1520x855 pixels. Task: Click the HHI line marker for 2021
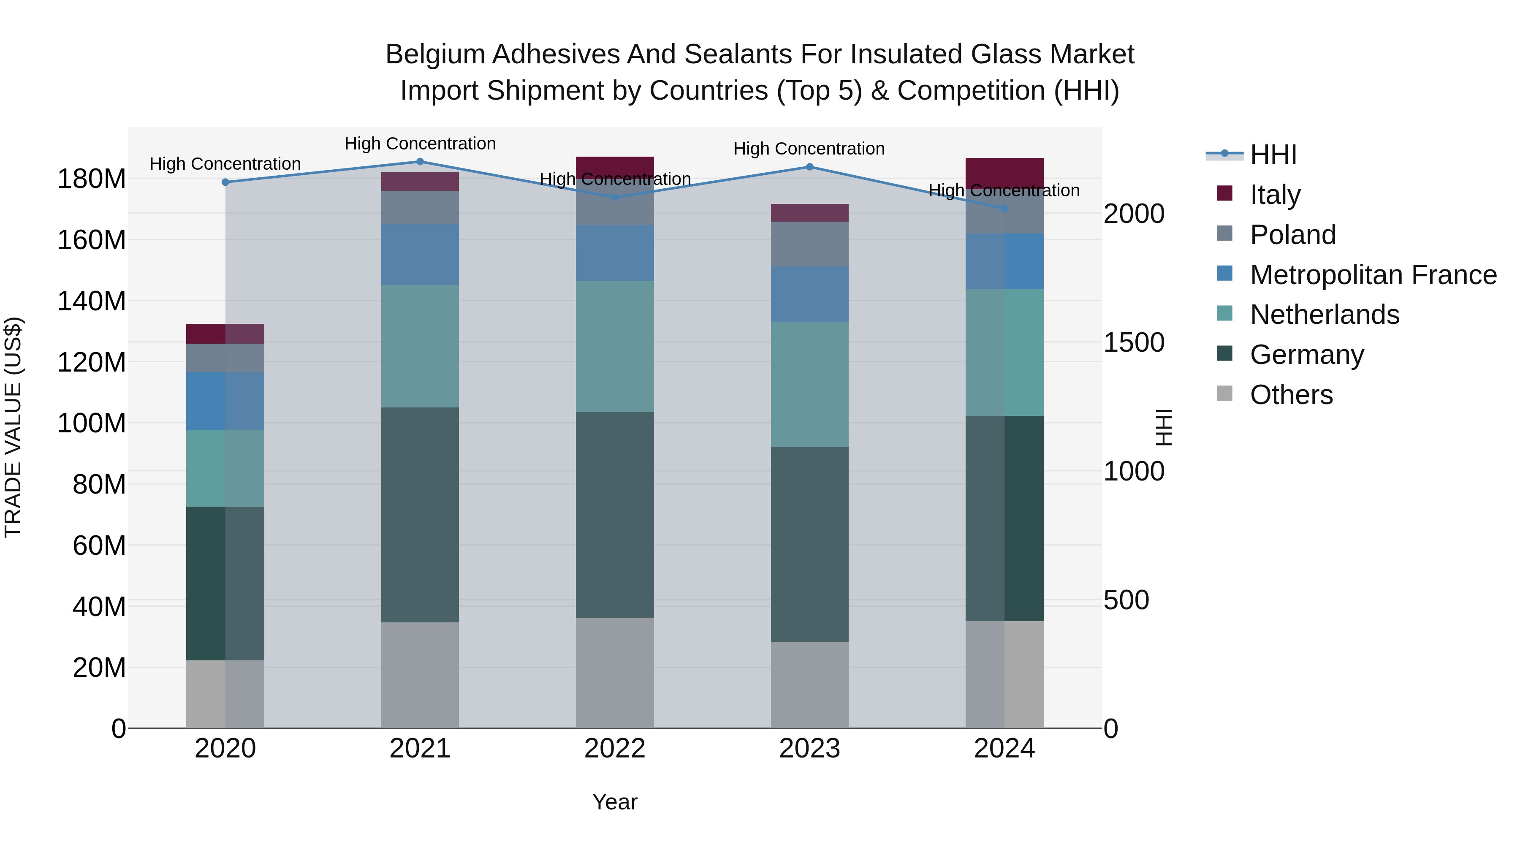[420, 162]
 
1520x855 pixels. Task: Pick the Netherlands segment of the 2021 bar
[420, 346]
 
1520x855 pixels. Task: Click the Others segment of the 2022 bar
[615, 673]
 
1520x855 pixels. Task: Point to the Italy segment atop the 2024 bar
[1005, 172]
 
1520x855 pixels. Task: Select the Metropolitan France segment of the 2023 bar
[809, 294]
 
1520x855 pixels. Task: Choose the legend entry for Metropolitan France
[1373, 275]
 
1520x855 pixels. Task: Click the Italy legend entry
[1275, 195]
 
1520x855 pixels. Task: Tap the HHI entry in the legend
[1273, 155]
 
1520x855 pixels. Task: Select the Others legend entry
[1290, 395]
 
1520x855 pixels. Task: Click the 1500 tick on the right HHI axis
[1134, 343]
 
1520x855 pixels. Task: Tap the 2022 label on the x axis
[615, 749]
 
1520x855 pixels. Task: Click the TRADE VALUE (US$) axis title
[13, 427]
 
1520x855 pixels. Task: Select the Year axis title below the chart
[615, 802]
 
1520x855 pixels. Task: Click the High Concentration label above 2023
[809, 149]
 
